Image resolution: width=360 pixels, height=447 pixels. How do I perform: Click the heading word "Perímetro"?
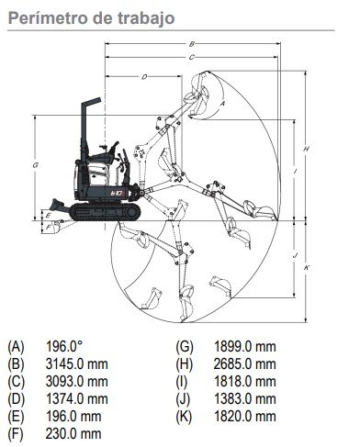tap(49, 17)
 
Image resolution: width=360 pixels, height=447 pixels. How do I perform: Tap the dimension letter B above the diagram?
tap(192, 44)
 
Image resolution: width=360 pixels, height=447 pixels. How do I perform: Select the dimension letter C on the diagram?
tap(192, 57)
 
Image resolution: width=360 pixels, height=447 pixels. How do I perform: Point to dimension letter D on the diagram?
tap(144, 77)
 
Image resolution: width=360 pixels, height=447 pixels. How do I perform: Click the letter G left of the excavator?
tap(35, 165)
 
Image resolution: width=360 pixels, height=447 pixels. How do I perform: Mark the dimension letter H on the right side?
tap(306, 149)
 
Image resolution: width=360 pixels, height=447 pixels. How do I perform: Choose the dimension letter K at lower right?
tap(307, 268)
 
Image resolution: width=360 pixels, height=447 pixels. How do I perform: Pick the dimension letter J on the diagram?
tap(295, 255)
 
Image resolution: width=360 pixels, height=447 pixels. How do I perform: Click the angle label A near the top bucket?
tap(223, 104)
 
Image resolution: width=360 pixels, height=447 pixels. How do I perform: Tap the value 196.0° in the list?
tap(64, 346)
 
